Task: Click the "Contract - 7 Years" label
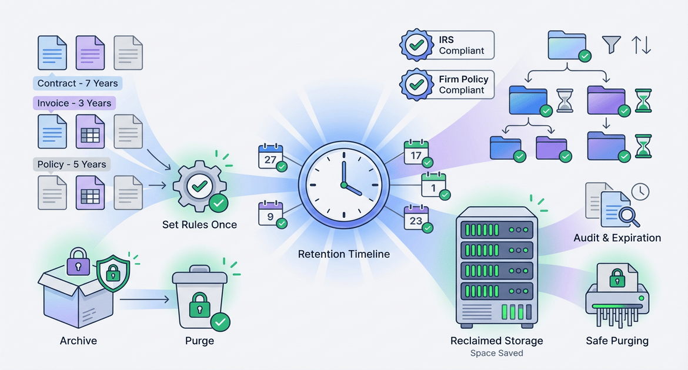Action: tap(78, 83)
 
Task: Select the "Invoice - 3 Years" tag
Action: tap(74, 103)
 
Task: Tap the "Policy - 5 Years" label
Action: tap(72, 164)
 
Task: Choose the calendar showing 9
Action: tap(270, 214)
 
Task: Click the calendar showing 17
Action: tap(416, 154)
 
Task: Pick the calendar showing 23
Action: tap(416, 219)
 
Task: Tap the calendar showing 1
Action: tap(433, 186)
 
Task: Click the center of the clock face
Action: tap(344, 185)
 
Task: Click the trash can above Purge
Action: tap(199, 301)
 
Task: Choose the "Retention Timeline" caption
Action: tap(344, 254)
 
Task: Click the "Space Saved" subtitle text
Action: tap(497, 354)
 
